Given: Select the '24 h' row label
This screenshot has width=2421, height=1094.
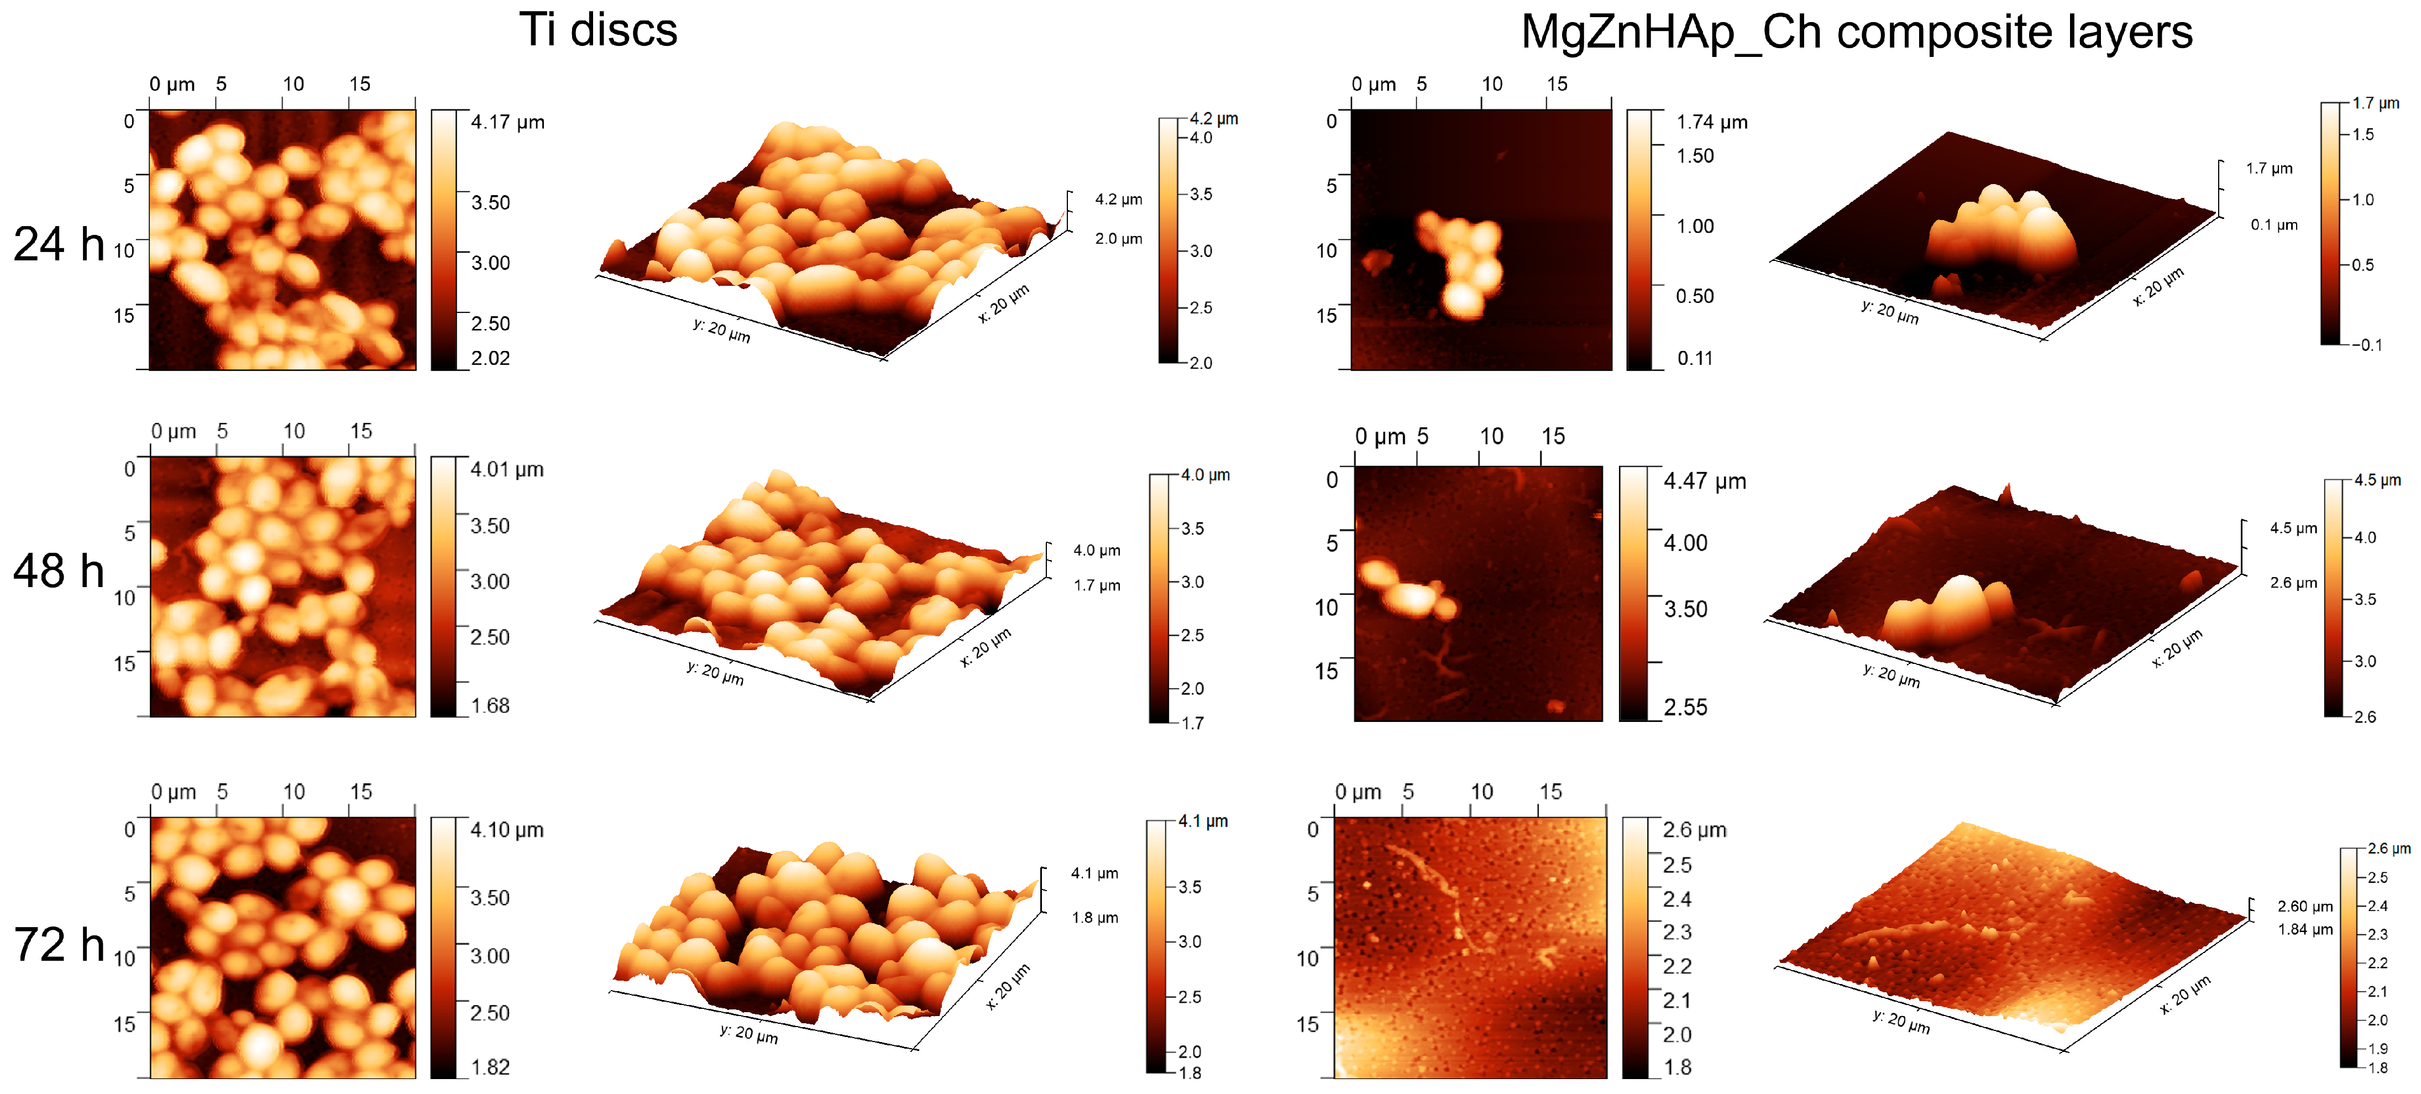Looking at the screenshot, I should click(x=58, y=244).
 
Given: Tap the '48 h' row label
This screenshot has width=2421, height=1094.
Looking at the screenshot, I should click(x=58, y=572).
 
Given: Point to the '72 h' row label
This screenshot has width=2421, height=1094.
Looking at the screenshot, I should click(x=58, y=945).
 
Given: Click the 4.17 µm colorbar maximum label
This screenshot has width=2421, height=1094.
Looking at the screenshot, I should click(x=507, y=122).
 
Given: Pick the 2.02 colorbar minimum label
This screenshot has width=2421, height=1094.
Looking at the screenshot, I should click(x=491, y=358).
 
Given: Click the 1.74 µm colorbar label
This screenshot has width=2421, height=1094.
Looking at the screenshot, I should click(x=1711, y=122).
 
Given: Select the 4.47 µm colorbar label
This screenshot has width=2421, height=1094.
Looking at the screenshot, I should click(x=1704, y=481).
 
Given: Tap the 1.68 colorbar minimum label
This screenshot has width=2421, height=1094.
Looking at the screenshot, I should click(x=490, y=706).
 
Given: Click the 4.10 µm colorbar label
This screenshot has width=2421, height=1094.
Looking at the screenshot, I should click(x=506, y=830).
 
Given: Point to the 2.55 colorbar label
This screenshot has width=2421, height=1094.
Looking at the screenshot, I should click(x=1685, y=707).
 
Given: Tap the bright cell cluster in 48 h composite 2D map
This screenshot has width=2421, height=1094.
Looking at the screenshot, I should click(x=1405, y=592).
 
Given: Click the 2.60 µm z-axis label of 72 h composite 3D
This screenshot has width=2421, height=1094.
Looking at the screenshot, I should click(x=2304, y=906).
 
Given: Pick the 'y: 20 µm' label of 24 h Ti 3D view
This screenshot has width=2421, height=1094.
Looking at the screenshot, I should click(x=721, y=331).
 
